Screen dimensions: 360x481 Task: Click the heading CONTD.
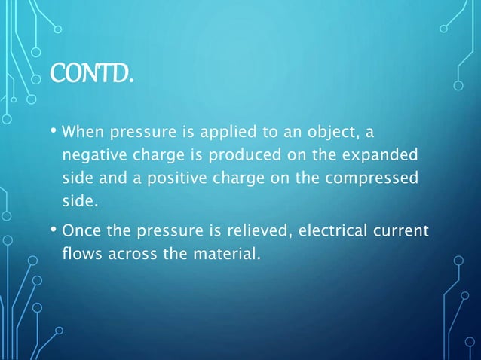93,74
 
